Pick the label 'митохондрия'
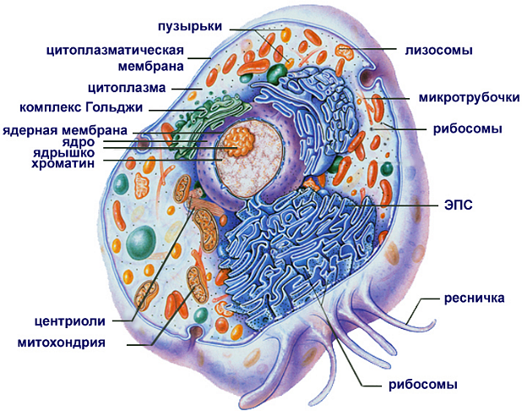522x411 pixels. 61,343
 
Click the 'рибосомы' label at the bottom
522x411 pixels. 423,385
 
